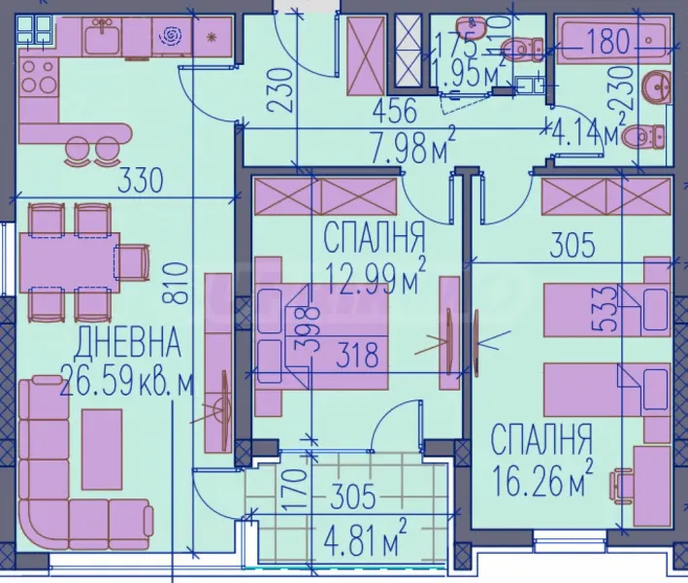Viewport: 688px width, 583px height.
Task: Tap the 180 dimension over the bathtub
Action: tap(606, 42)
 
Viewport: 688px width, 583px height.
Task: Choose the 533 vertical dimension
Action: tap(605, 309)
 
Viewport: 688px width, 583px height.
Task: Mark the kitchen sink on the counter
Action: tap(100, 39)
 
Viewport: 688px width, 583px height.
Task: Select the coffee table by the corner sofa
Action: tap(102, 448)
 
